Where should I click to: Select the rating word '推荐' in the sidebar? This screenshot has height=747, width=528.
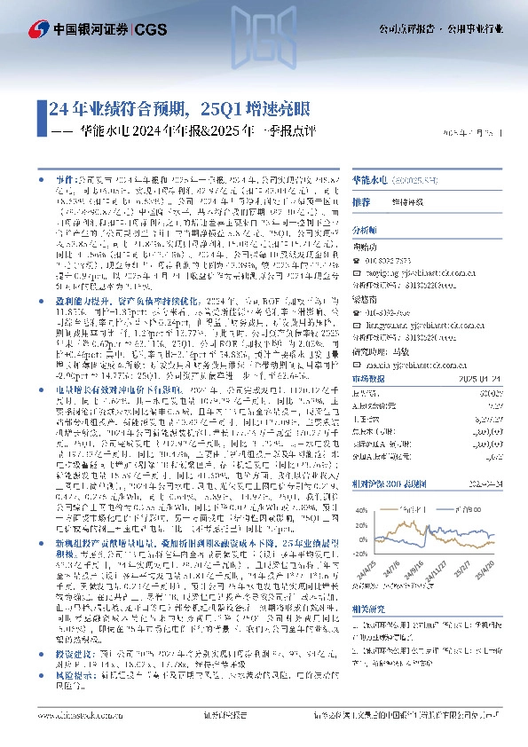point(361,201)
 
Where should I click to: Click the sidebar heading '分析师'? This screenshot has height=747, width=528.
point(366,228)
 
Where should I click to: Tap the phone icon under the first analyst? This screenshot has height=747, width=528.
point(357,262)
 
